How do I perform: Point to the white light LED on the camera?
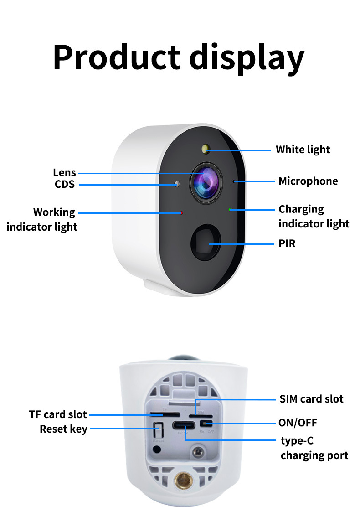point(206,148)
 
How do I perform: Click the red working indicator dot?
point(181,212)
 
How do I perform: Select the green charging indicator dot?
point(230,210)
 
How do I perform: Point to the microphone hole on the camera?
point(235,181)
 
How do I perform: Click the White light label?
point(303,150)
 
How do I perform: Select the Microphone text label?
point(308,181)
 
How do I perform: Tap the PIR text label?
point(287,243)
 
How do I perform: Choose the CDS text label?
point(64,185)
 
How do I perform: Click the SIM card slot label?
point(311,399)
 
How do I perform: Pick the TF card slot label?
point(58,414)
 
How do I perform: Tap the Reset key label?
point(63,429)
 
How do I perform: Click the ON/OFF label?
point(298,423)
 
